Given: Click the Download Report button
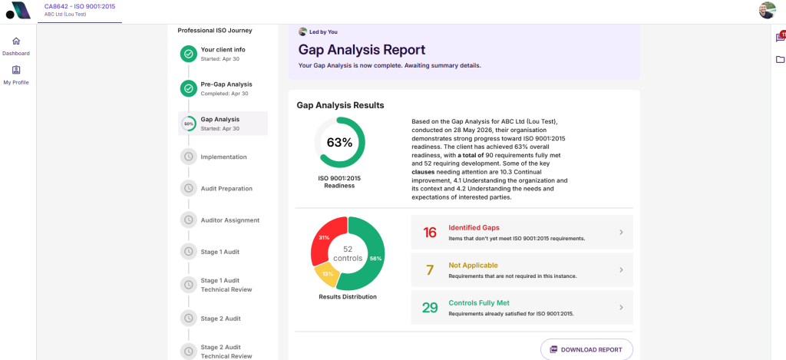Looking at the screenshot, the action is point(586,349).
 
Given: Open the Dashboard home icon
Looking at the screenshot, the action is point(16,41).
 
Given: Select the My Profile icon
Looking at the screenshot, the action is point(16,70).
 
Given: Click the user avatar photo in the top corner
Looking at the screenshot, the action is point(767,11).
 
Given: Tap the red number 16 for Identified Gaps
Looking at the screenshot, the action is point(430,233).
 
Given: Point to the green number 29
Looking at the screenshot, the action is point(430,308).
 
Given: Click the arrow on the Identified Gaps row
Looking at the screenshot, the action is point(621,232).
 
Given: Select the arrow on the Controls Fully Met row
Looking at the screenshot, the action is point(621,307).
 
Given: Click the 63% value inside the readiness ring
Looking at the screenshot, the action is point(339,143).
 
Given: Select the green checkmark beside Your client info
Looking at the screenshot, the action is point(189,54).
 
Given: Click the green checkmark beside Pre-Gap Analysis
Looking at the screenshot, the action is point(189,89).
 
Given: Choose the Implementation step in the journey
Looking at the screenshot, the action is point(223,157).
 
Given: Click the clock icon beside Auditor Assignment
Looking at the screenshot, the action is point(189,220).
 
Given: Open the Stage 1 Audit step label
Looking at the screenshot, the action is point(220,252).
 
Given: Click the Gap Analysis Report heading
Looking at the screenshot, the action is point(362,50).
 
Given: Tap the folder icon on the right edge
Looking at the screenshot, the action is point(780,60).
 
